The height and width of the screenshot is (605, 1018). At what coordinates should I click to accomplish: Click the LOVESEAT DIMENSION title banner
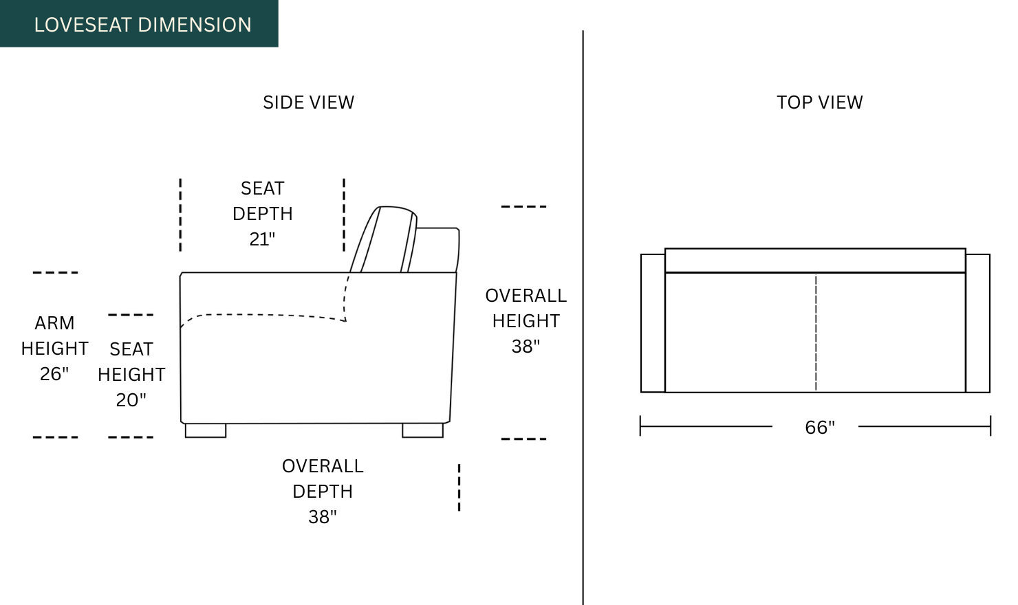[x=139, y=24]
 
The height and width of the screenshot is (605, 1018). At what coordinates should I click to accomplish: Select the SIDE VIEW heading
[x=308, y=102]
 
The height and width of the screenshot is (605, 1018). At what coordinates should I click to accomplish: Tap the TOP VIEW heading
[x=819, y=102]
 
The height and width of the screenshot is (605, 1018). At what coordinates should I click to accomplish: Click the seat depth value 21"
[x=262, y=239]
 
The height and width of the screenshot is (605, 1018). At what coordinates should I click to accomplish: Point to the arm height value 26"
[x=54, y=374]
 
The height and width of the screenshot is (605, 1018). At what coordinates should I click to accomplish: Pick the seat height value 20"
[x=131, y=400]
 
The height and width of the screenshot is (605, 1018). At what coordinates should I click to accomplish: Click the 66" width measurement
[x=819, y=428]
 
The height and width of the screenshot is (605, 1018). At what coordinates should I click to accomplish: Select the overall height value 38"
[x=526, y=346]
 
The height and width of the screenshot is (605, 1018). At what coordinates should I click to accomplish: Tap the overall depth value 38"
[x=323, y=517]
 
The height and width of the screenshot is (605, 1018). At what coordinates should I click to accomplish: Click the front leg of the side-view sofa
[x=206, y=430]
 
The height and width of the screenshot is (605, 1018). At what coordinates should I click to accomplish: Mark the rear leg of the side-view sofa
[x=422, y=430]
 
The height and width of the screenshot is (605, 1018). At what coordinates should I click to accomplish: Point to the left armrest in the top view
[x=653, y=323]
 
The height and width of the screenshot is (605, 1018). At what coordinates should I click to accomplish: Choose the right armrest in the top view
[x=977, y=323]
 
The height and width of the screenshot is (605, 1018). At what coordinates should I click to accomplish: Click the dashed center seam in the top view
[x=816, y=333]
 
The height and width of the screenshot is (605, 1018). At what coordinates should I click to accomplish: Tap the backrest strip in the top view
[x=815, y=261]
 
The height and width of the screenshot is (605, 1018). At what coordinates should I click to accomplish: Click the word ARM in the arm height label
[x=54, y=323]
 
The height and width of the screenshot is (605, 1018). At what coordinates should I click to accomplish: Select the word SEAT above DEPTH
[x=262, y=188]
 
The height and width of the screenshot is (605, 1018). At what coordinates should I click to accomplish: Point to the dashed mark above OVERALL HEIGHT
[x=523, y=206]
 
